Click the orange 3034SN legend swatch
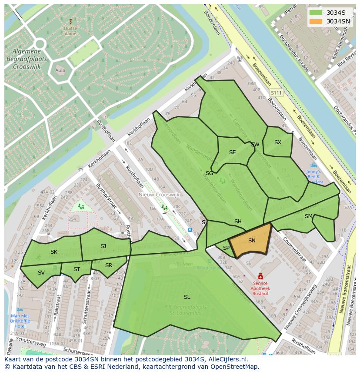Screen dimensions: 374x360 tap(316, 21)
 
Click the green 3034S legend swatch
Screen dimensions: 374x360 tap(316, 13)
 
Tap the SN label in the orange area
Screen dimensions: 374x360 tap(252, 240)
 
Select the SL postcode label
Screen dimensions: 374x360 tap(187, 297)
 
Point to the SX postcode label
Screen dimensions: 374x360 tap(277, 142)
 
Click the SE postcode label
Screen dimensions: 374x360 tap(232, 152)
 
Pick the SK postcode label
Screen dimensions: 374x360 tap(54, 252)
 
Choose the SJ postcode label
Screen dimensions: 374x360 tap(103, 246)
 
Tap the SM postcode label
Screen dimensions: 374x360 tap(308, 216)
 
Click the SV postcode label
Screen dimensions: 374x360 tap(41, 272)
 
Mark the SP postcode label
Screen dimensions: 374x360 tap(226, 248)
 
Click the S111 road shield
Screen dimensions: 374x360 tap(276, 93)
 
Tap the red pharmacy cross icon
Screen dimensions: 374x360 tap(260, 276)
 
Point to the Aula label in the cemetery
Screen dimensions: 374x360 tap(60, 70)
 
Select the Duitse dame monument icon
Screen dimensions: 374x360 tap(70, 21)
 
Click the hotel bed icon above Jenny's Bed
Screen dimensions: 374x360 tap(313, 165)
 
